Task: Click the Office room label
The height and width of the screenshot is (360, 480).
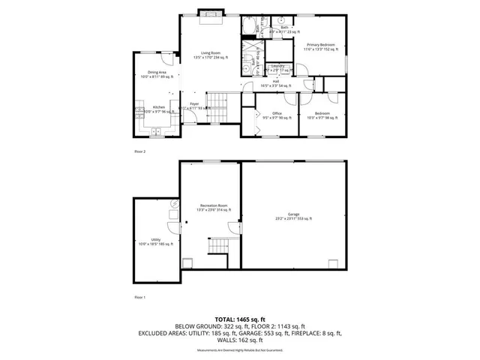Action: point(276,115)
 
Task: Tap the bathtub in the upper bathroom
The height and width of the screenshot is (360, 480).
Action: point(248,28)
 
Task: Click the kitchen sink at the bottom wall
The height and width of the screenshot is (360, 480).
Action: point(157,132)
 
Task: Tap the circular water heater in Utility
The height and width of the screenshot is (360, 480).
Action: point(175,203)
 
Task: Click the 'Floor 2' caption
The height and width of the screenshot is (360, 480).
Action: point(140,151)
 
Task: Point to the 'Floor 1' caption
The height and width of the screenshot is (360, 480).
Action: point(140,297)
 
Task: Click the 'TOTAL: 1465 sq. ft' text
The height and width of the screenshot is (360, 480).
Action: point(239,319)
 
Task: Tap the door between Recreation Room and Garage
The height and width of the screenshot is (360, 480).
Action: point(239,227)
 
